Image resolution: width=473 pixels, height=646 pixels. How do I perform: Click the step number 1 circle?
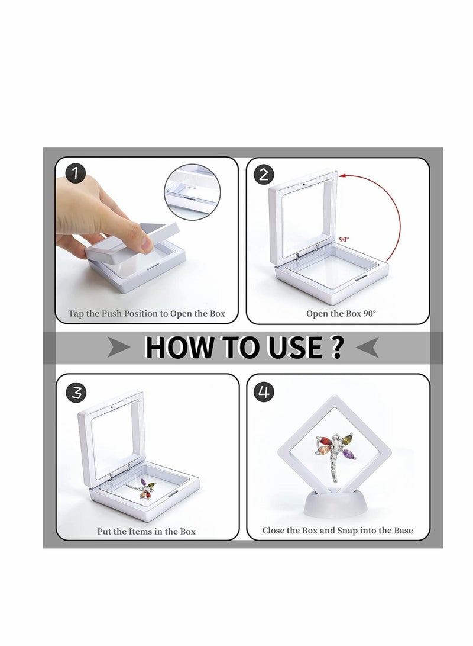tap(76, 174)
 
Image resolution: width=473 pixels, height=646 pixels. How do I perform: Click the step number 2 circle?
tap(264, 174)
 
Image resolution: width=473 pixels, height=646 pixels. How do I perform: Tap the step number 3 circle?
tap(76, 391)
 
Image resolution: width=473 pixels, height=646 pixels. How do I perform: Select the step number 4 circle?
tap(264, 391)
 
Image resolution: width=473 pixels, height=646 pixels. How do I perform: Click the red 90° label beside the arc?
tap(344, 240)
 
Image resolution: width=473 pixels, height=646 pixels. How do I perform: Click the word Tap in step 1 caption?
tap(76, 313)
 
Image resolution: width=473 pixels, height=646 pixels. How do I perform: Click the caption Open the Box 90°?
tap(341, 313)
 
